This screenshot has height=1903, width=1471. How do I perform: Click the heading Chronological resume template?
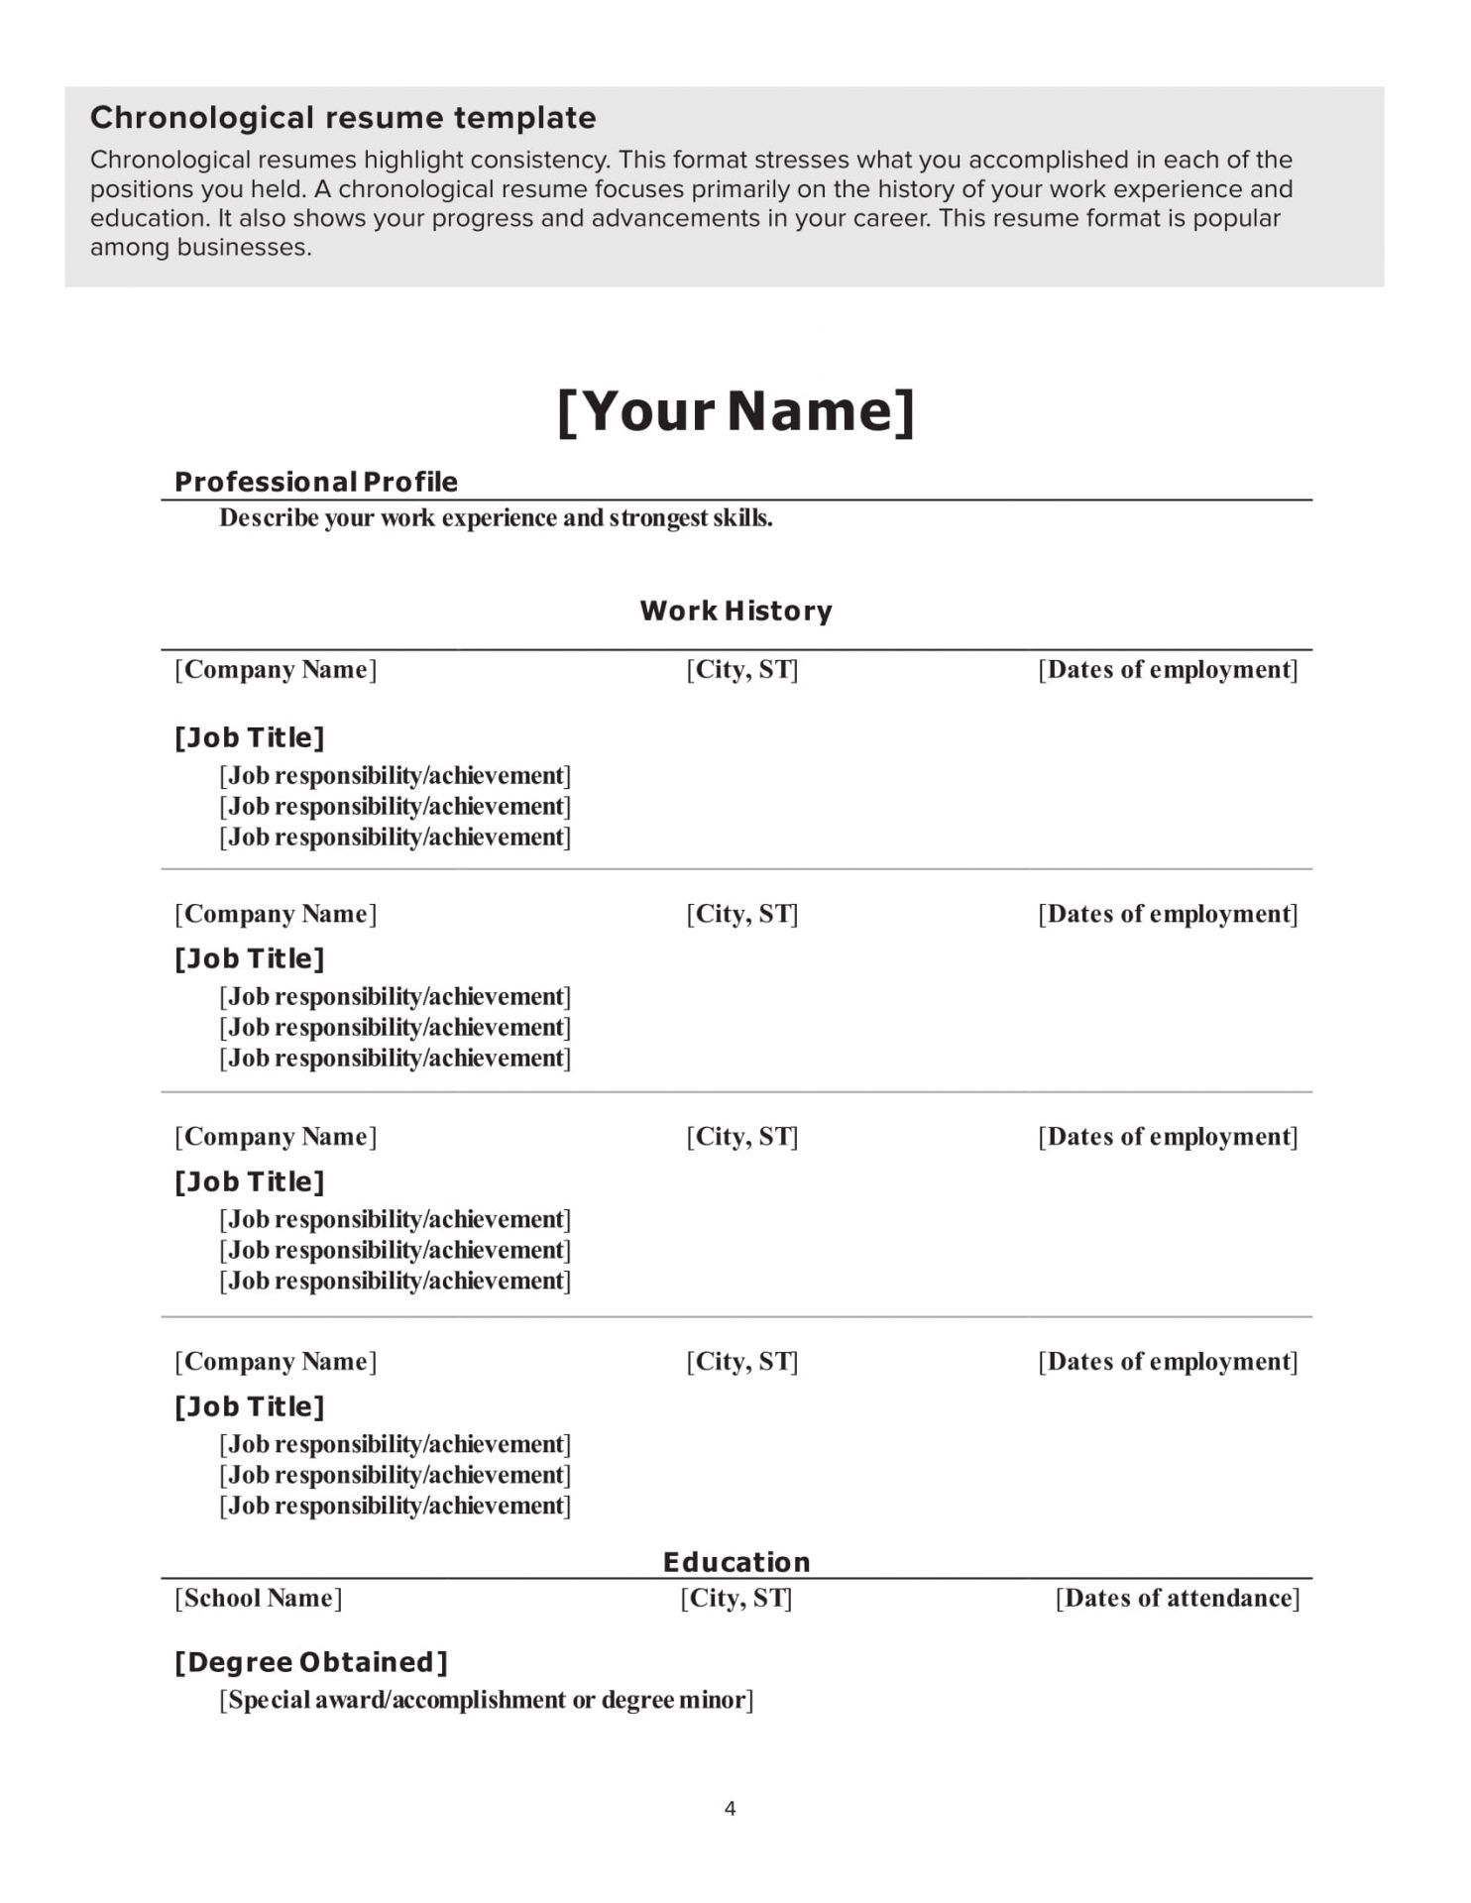[x=343, y=118]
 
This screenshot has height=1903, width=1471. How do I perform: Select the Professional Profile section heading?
[x=315, y=482]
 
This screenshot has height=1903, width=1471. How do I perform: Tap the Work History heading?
[x=735, y=611]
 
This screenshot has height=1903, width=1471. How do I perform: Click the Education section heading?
[x=736, y=1562]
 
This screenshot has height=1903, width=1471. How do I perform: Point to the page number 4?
[x=731, y=1809]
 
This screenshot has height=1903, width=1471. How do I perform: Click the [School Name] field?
[x=259, y=1598]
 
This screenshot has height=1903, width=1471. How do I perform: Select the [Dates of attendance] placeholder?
[x=1178, y=1598]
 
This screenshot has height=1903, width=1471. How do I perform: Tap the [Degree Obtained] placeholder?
[x=311, y=1662]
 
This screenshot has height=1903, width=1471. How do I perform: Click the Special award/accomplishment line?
[x=486, y=1700]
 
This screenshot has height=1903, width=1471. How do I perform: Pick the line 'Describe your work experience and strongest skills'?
[x=496, y=517]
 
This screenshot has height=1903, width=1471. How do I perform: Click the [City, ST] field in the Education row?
[x=736, y=1598]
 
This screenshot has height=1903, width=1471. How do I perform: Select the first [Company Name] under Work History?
[x=276, y=669]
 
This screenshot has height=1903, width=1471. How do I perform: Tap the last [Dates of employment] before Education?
[x=1168, y=1361]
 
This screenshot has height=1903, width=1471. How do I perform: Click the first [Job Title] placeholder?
[x=250, y=737]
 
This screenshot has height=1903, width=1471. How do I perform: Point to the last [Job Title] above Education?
[x=250, y=1406]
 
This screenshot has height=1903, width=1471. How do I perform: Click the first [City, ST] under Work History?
[x=742, y=669]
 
